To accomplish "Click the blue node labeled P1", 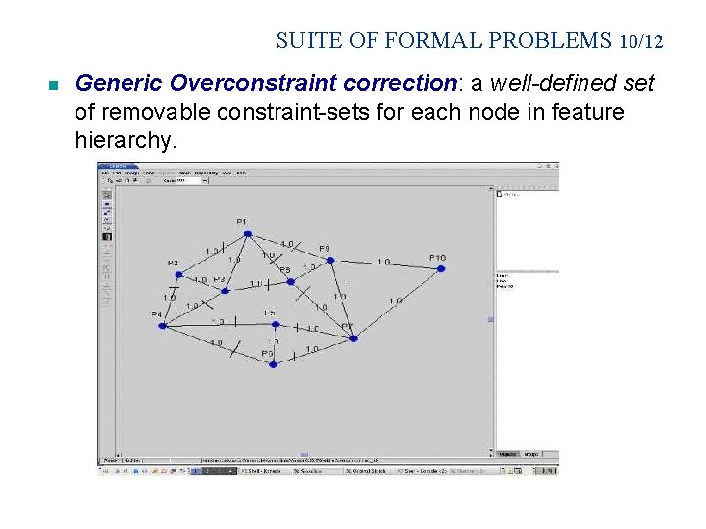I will coord(248,234).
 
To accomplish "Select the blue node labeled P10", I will coord(441,268).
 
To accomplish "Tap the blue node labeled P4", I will coord(162,325).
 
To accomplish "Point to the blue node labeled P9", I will coord(330,261).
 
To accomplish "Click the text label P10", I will coord(437,258).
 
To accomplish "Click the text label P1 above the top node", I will coord(242,222).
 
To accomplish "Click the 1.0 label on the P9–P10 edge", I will coord(383,262).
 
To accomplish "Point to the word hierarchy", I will coord(124,141).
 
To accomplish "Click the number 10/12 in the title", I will coord(641,41).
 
